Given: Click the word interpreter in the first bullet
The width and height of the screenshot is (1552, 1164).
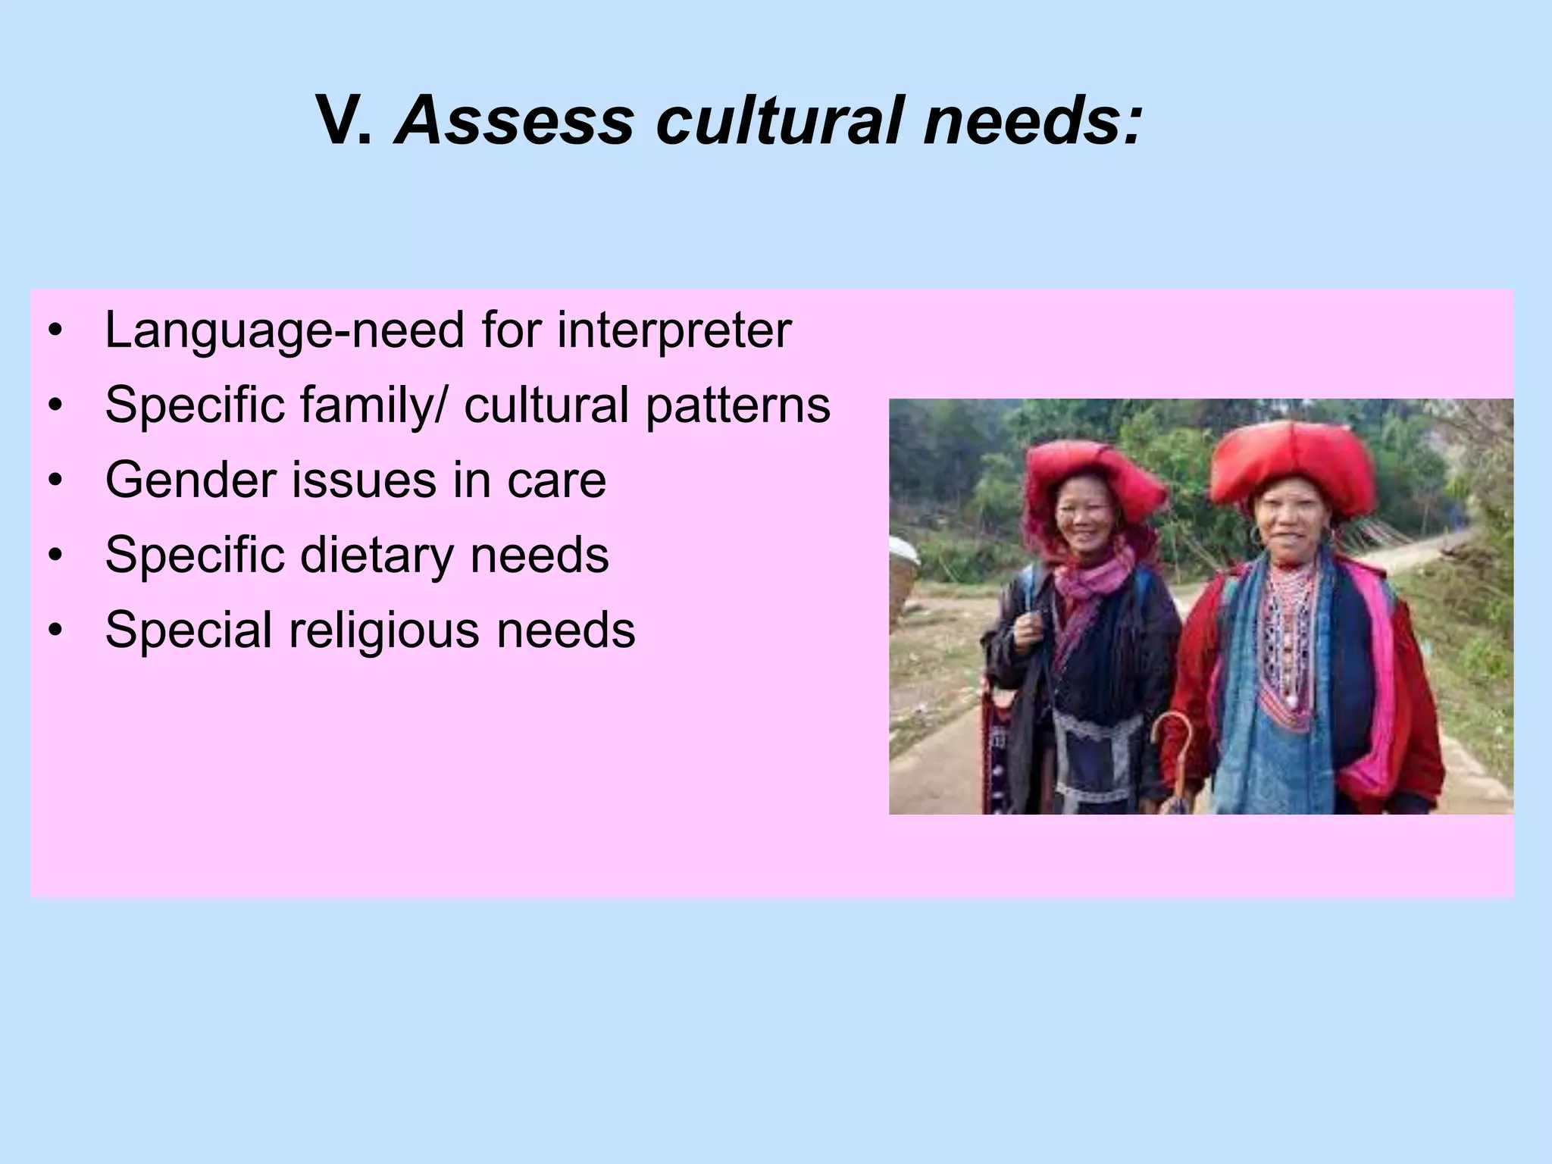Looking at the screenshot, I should [x=674, y=331].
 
